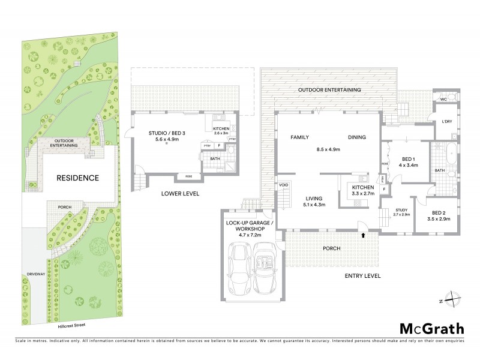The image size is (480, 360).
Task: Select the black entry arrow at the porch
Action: (x=363, y=235)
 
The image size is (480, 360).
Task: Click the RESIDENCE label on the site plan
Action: (x=77, y=178)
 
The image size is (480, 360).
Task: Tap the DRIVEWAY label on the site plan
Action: (x=36, y=274)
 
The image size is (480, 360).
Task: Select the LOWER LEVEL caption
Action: (x=180, y=194)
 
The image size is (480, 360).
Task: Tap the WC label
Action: (x=443, y=98)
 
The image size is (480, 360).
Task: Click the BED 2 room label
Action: (x=443, y=212)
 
